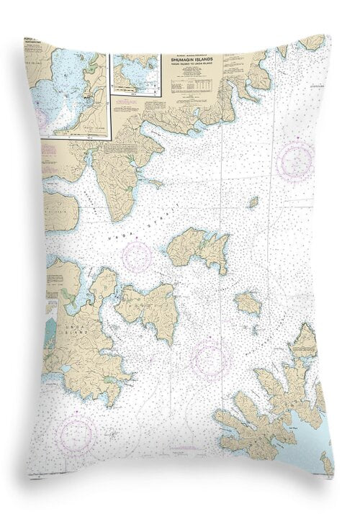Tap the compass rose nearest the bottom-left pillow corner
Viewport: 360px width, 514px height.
[x=78, y=433]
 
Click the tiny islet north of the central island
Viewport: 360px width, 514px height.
[x=253, y=202]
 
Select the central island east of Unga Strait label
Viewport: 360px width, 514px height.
[x=199, y=248]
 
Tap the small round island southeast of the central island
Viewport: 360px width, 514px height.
[x=248, y=303]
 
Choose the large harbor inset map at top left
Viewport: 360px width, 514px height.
[x=71, y=94]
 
